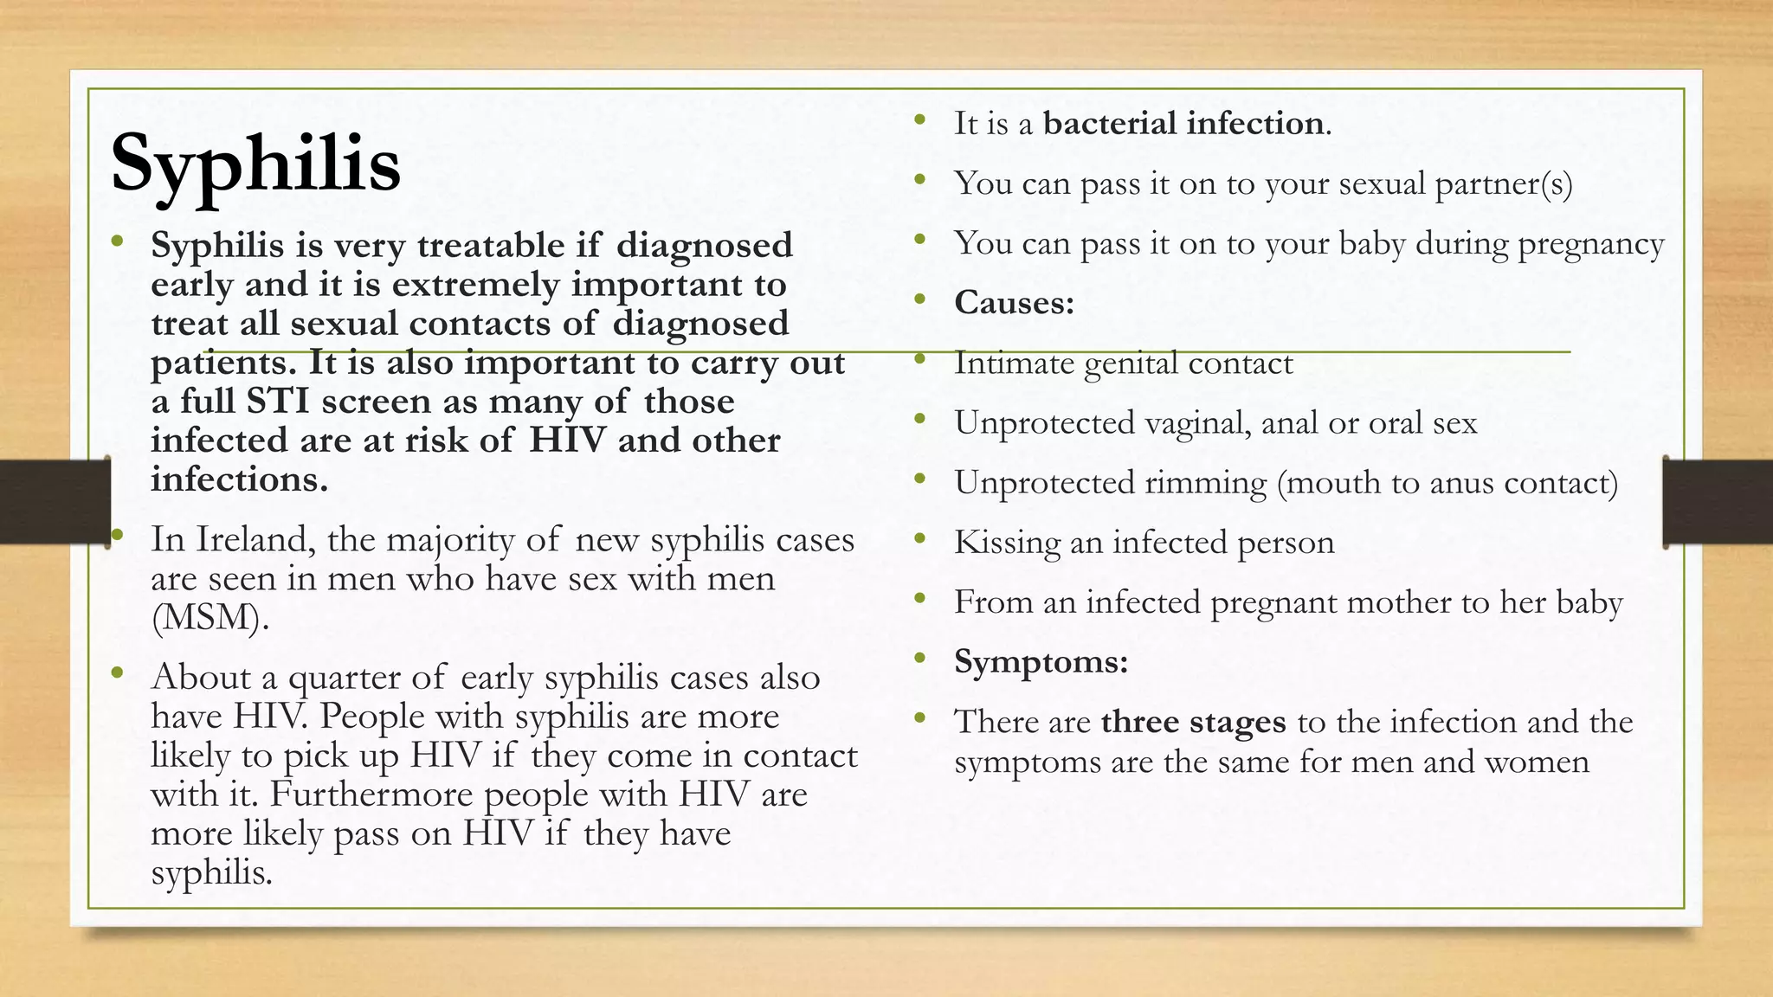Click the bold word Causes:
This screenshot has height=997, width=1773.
tap(1014, 303)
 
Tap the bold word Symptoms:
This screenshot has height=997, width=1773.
tap(1041, 662)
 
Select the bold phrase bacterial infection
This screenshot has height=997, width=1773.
tap(1183, 124)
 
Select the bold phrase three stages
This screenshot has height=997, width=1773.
tap(1193, 722)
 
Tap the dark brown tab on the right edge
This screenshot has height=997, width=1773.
tap(1718, 502)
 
